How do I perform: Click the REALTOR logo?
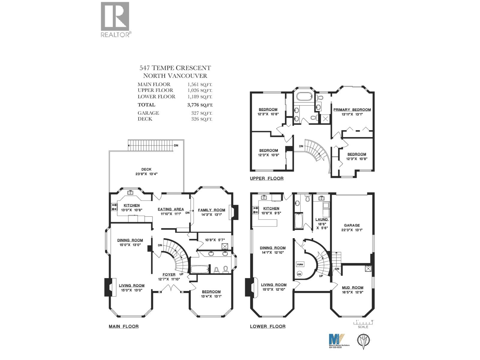click(115, 19)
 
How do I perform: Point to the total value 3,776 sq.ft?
click(200, 105)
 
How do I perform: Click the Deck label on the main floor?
click(146, 169)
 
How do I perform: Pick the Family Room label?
click(211, 210)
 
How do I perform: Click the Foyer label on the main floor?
click(169, 274)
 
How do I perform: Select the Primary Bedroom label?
click(352, 110)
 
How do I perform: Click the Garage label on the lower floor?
click(352, 225)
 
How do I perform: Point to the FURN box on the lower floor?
click(300, 264)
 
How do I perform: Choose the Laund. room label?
click(322, 220)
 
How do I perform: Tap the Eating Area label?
click(171, 209)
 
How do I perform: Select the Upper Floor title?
click(266, 178)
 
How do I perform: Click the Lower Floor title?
click(268, 326)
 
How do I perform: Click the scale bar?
click(364, 322)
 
